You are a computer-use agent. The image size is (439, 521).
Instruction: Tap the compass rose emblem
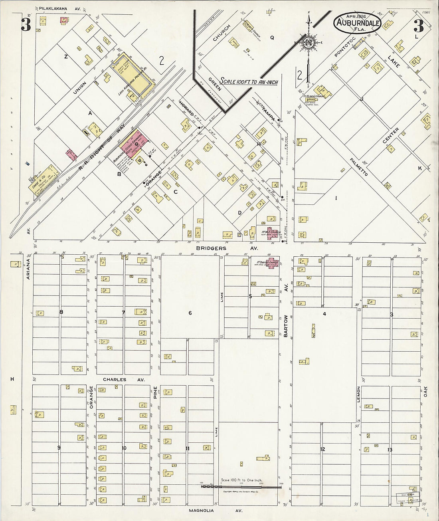[308, 43]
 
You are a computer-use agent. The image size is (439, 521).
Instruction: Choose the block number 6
[190, 313]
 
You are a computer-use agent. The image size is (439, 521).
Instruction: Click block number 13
[390, 450]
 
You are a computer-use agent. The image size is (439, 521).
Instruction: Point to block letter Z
[66, 57]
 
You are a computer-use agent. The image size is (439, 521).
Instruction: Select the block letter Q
[272, 38]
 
